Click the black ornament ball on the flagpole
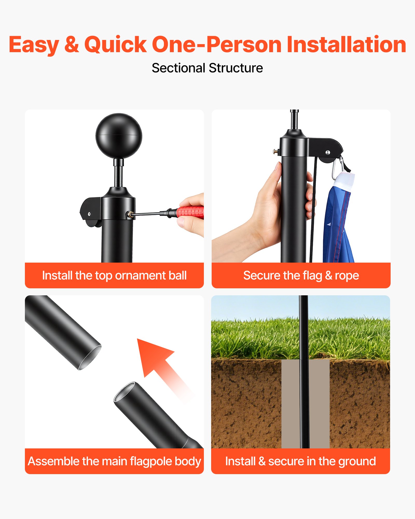pos(119,135)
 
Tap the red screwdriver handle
pos(190,212)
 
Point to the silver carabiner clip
pos(337,169)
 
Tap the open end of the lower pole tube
pos(125,392)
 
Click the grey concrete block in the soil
pos(305,404)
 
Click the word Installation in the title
pos(346,45)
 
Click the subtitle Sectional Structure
pos(207,68)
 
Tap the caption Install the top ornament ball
pos(114,276)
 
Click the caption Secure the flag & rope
pos(301,276)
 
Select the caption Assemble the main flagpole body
pos(114,461)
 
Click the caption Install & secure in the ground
pos(301,461)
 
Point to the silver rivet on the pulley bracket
pos(328,152)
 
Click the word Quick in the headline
pos(115,45)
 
